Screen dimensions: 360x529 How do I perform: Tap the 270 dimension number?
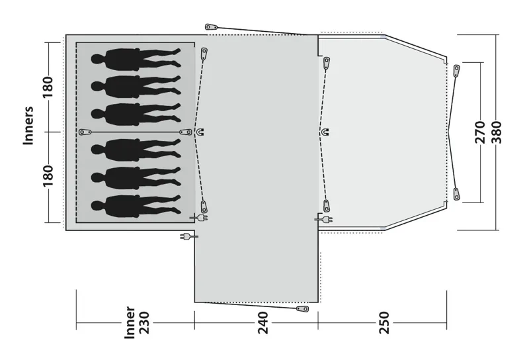[x=481, y=132]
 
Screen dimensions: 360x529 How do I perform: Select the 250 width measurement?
[x=384, y=324]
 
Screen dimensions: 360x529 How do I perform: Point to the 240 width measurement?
[x=263, y=324]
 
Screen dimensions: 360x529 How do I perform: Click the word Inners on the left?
[x=28, y=125]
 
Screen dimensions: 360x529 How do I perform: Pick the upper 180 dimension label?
[x=48, y=85]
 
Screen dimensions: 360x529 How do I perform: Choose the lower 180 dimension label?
[x=48, y=176]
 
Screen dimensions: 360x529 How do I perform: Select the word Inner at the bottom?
[x=130, y=323]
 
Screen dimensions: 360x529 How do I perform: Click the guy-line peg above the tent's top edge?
[x=212, y=26]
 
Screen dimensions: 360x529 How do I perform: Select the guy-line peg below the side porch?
[x=302, y=308]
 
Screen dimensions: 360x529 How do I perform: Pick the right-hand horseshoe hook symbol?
[x=324, y=132]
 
